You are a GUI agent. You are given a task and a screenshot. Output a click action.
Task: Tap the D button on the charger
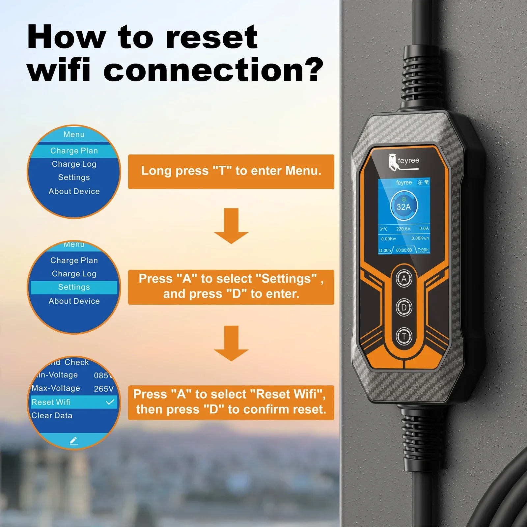pos(404,307)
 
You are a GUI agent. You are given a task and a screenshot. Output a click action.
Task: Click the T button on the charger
pos(404,336)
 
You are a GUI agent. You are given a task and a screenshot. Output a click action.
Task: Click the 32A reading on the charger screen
pos(404,207)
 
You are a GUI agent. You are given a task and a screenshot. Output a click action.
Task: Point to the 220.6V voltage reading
pos(403,229)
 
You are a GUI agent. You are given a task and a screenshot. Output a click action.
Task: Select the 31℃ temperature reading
pos(384,229)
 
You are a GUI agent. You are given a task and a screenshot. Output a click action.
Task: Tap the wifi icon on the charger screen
pos(427,182)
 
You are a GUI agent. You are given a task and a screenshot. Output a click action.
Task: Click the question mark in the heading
pos(312,70)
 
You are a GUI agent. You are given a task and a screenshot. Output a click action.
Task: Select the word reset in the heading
pos(212,37)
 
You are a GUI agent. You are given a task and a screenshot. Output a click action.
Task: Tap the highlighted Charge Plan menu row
pos(74,151)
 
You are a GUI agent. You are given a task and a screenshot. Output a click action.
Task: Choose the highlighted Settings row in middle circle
pos(74,287)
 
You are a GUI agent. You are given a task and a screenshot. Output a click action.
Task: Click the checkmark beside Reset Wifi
pos(110,402)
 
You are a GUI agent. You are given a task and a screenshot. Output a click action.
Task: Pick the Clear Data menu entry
pos(52,416)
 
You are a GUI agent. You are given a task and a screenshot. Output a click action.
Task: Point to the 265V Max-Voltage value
pos(104,389)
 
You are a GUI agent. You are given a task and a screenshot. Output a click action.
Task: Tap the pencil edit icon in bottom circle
pos(74,441)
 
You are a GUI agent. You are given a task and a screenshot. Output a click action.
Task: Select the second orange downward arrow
pos(231,344)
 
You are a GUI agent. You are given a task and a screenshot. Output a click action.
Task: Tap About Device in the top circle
pos(74,191)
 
